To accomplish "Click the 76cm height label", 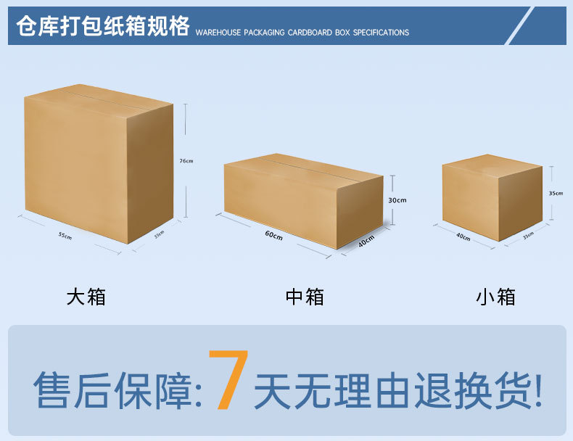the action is tap(186, 161).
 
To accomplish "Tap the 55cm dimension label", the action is tap(65, 236).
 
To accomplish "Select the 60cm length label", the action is tap(273, 235).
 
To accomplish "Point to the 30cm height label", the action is tap(397, 200).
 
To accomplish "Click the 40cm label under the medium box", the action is tap(366, 241).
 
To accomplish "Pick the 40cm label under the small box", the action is tap(463, 236).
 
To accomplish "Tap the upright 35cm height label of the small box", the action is tap(556, 193).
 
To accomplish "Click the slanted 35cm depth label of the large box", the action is tap(159, 234).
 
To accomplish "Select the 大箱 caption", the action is tap(86, 297).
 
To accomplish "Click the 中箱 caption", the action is tap(305, 297).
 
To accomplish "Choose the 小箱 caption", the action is tap(495, 297).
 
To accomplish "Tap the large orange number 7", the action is tap(228, 379).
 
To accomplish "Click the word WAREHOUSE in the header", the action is tap(218, 33).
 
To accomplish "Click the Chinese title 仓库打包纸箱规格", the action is tap(103, 26).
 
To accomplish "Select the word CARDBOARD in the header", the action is tap(310, 33).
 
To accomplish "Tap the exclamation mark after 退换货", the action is tap(538, 390).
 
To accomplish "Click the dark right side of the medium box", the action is tap(360, 211).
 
